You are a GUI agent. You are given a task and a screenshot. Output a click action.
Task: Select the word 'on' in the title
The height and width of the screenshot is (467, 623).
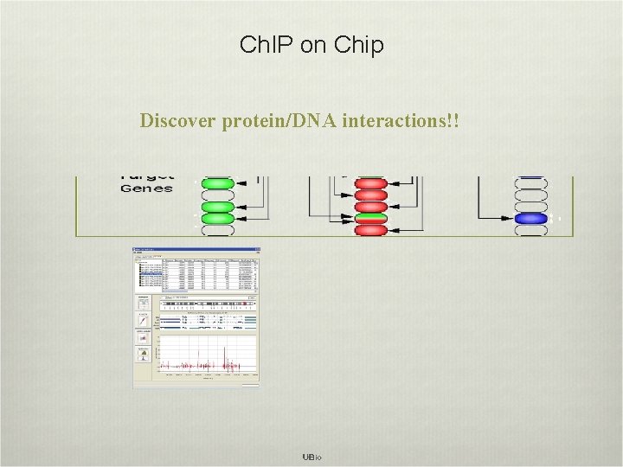tap(311, 45)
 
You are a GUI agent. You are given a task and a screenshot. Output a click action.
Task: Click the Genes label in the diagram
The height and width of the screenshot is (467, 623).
tap(146, 188)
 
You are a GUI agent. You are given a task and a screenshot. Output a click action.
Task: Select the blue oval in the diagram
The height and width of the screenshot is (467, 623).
tap(530, 218)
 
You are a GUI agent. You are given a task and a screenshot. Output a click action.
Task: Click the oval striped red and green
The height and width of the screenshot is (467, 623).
tap(370, 218)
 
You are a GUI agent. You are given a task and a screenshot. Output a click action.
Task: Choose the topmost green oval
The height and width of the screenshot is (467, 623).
tap(217, 183)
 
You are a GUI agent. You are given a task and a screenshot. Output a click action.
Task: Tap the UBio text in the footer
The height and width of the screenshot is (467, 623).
tap(311, 457)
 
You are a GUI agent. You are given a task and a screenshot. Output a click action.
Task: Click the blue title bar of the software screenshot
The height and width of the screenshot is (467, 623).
tap(196, 251)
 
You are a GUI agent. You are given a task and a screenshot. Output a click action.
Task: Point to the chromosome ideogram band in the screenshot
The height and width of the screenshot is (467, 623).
tap(206, 305)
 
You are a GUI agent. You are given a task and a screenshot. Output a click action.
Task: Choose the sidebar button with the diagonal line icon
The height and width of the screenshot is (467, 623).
tap(141, 321)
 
